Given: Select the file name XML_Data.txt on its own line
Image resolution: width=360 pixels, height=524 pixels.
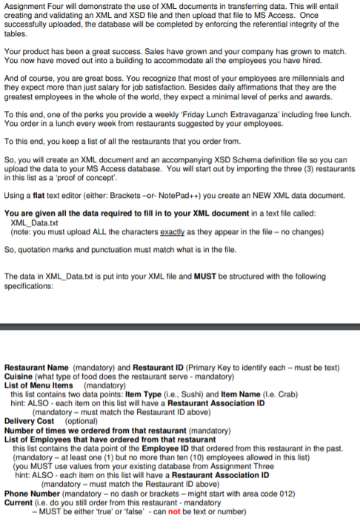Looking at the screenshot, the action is coord(36,222).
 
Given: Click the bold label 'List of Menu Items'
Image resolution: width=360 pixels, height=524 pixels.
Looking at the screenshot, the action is coord(39,384).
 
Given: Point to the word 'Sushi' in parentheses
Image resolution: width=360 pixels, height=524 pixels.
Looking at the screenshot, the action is coord(184,392).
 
